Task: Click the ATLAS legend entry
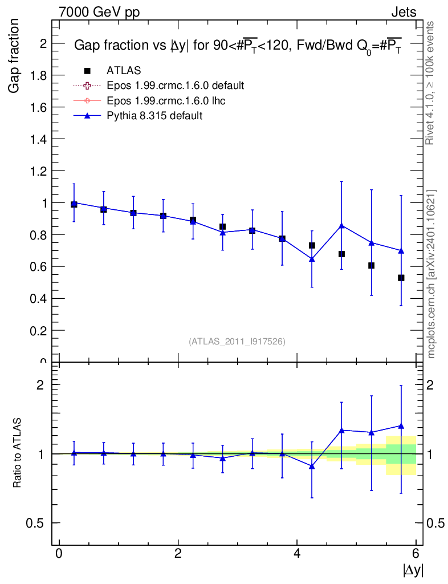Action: pos(124,70)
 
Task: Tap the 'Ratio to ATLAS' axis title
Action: pos(18,453)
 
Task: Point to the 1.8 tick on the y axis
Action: pos(38,75)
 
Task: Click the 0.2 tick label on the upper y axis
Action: pos(38,331)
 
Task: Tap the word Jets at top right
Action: pos(403,13)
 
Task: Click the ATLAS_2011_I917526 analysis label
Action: pos(237,342)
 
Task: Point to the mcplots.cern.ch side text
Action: pos(432,274)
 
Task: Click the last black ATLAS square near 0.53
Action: pos(401,278)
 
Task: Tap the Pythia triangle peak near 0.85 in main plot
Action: pos(341,225)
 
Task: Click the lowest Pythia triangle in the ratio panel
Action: pos(312,466)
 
